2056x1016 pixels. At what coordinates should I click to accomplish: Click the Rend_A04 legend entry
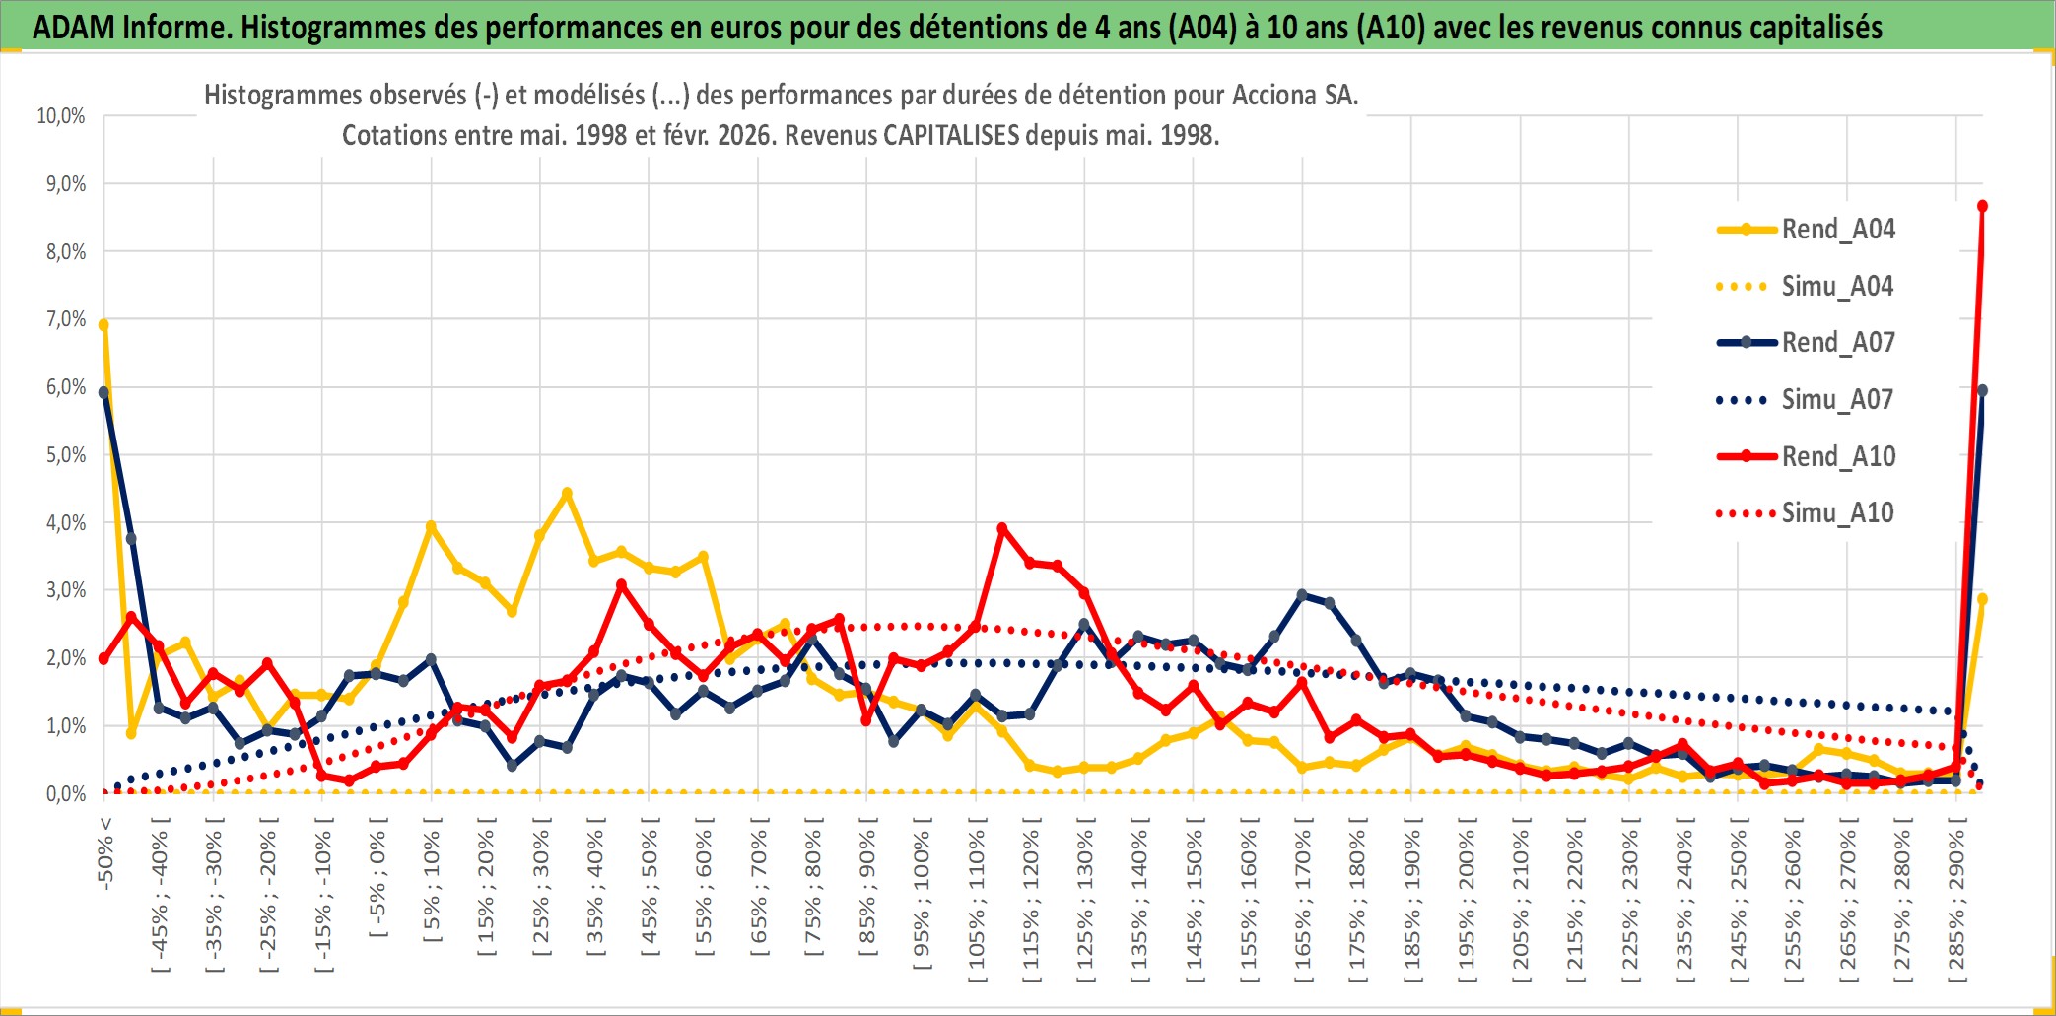(1837, 230)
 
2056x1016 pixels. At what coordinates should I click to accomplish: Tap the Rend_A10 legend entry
(1838, 457)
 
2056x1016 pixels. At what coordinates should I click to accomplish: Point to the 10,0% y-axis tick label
(61, 116)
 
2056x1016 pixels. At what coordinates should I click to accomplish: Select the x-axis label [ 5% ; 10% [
(432, 885)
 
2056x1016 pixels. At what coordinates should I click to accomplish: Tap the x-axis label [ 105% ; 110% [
(977, 905)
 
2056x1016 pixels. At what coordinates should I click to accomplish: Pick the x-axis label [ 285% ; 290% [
(1957, 905)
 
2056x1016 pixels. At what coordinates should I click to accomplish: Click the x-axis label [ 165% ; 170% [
(1303, 905)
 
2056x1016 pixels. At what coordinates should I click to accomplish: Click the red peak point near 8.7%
(1982, 206)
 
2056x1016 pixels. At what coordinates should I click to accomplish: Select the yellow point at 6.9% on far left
(103, 324)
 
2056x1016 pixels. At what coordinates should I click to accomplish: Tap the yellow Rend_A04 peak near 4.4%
(567, 493)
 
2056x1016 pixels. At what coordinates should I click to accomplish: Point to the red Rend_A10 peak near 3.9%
(1002, 528)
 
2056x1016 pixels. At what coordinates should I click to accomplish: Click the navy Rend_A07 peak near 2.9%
(1302, 594)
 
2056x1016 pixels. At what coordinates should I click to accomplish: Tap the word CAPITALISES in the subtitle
(951, 135)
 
